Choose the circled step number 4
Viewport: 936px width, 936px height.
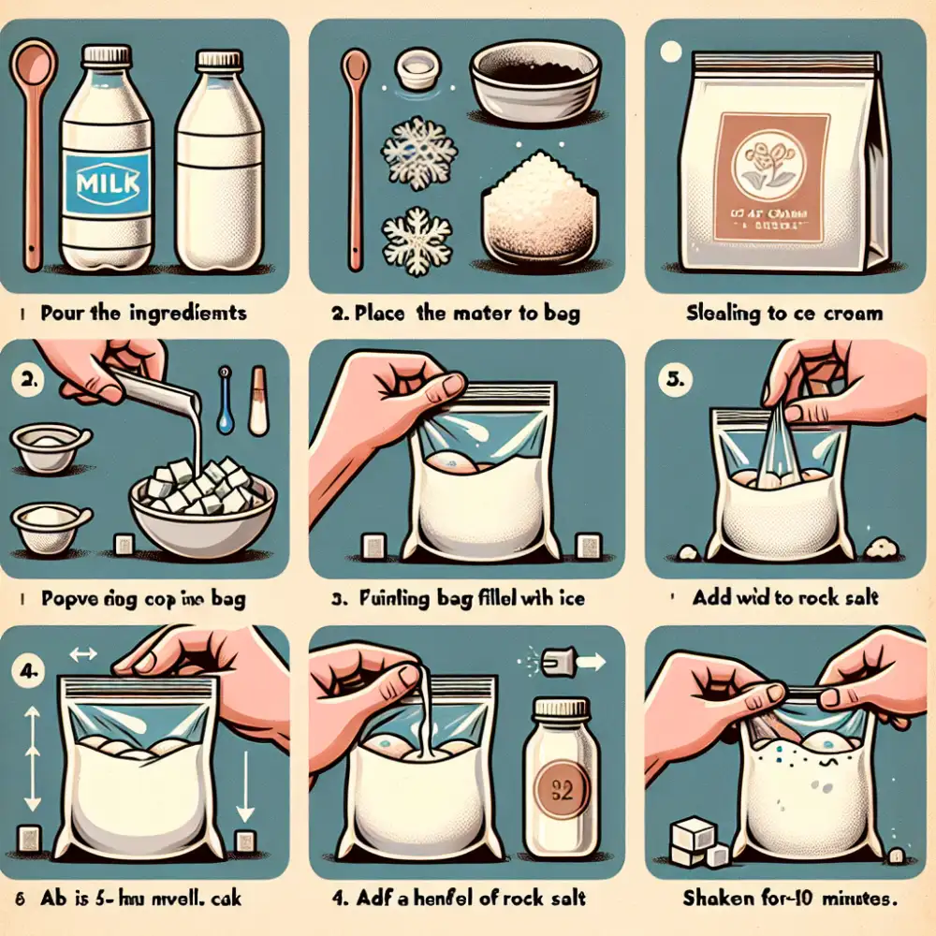pos(31,670)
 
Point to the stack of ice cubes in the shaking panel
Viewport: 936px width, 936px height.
pos(695,841)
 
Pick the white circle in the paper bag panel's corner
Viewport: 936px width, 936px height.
pos(667,50)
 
